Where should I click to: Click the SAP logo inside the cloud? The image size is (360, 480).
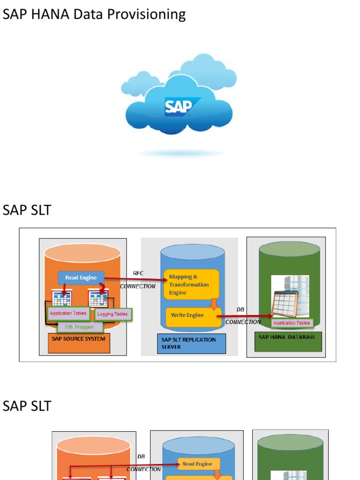tap(179, 106)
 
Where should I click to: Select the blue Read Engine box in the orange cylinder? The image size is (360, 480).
tap(81, 277)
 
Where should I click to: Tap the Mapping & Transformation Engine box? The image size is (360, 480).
tap(191, 284)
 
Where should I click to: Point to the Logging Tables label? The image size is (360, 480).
tap(112, 314)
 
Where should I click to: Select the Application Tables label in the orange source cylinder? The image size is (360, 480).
tap(68, 313)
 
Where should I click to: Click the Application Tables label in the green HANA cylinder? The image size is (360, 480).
tap(292, 322)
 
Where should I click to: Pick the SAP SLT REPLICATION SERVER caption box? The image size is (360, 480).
tap(192, 343)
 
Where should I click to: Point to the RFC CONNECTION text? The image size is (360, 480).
tap(138, 280)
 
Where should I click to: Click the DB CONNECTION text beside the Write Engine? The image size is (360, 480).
tap(242, 316)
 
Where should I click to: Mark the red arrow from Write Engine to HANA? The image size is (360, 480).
tap(244, 317)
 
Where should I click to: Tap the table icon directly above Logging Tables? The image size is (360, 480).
tap(98, 299)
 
